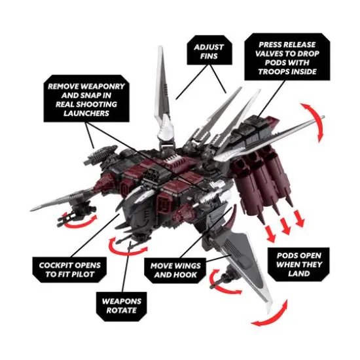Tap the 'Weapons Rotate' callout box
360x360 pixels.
tap(122, 304)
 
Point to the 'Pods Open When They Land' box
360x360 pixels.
tap(303, 263)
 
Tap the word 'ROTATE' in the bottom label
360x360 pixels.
tap(122, 310)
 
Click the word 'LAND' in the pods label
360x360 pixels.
tap(303, 274)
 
